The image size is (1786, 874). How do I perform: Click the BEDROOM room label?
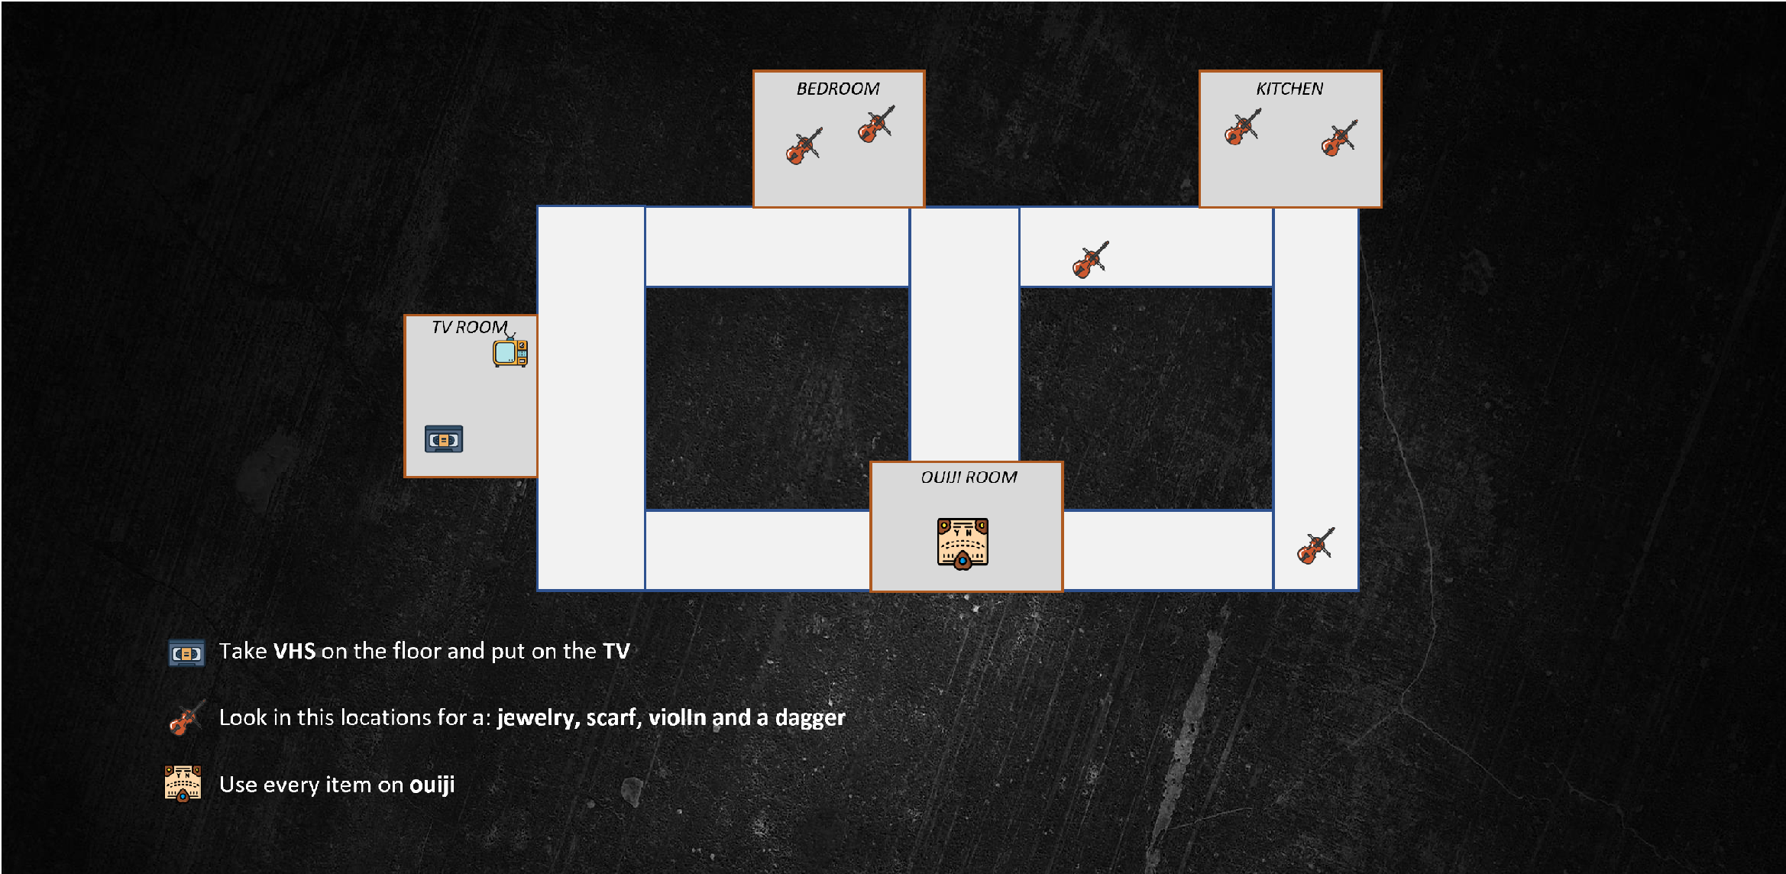tap(837, 89)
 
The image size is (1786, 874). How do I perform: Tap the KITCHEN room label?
tap(1289, 89)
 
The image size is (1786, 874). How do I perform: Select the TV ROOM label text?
tap(469, 327)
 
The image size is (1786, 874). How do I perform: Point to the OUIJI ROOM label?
tap(969, 477)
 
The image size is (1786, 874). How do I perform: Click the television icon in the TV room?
tap(510, 352)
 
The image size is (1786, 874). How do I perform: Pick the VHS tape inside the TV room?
tap(444, 439)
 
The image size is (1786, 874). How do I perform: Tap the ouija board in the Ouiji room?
tap(963, 543)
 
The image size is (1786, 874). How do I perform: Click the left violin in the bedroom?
tap(804, 146)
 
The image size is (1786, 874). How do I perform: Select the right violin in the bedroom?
tap(875, 125)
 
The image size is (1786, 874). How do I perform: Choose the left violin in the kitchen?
tap(1242, 128)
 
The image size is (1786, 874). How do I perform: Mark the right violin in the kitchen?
tap(1339, 138)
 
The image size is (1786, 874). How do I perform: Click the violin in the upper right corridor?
tap(1090, 261)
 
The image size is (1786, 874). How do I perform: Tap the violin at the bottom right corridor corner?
tap(1315, 546)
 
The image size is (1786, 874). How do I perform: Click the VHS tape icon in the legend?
tap(186, 653)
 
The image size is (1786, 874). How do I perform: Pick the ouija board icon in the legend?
tap(183, 783)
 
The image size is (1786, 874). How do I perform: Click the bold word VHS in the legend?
tap(294, 651)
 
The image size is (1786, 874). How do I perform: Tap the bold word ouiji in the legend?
tap(432, 785)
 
